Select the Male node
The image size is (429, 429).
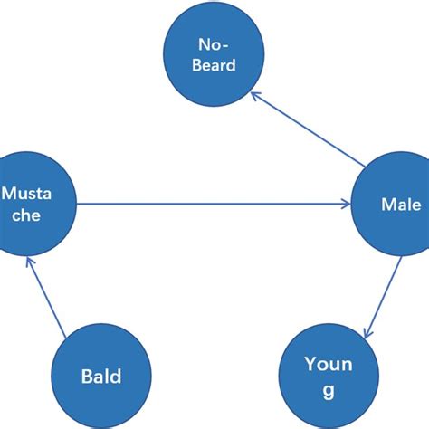389,205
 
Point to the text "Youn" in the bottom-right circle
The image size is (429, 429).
327,365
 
